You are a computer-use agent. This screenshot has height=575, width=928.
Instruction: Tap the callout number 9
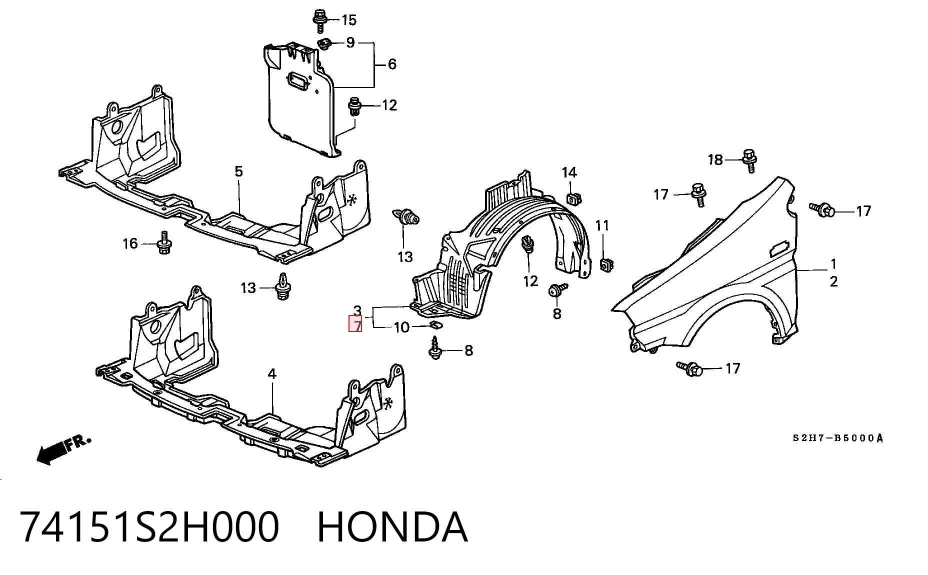[x=350, y=42]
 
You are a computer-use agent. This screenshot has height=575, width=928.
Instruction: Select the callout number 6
[x=392, y=64]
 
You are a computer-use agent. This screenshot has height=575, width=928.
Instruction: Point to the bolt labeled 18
[x=749, y=160]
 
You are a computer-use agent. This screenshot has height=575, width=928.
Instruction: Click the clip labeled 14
[x=573, y=198]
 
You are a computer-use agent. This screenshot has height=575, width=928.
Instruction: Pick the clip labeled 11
[x=606, y=264]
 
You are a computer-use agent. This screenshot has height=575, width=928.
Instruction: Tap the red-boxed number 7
[x=355, y=325]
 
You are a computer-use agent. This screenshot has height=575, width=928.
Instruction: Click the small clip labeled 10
[x=436, y=326]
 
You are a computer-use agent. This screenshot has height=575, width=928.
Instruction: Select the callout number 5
[x=238, y=171]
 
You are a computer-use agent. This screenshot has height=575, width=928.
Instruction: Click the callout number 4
[x=272, y=374]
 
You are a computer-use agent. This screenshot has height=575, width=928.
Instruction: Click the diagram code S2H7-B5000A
[x=838, y=438]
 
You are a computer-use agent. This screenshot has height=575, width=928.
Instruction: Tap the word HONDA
[x=392, y=527]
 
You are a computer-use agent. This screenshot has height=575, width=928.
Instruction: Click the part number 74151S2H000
[x=149, y=527]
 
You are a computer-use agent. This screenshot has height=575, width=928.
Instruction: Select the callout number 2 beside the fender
[x=833, y=281]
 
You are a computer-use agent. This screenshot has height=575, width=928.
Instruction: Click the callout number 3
[x=357, y=311]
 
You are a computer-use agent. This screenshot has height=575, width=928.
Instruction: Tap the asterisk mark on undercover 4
[x=388, y=402]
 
